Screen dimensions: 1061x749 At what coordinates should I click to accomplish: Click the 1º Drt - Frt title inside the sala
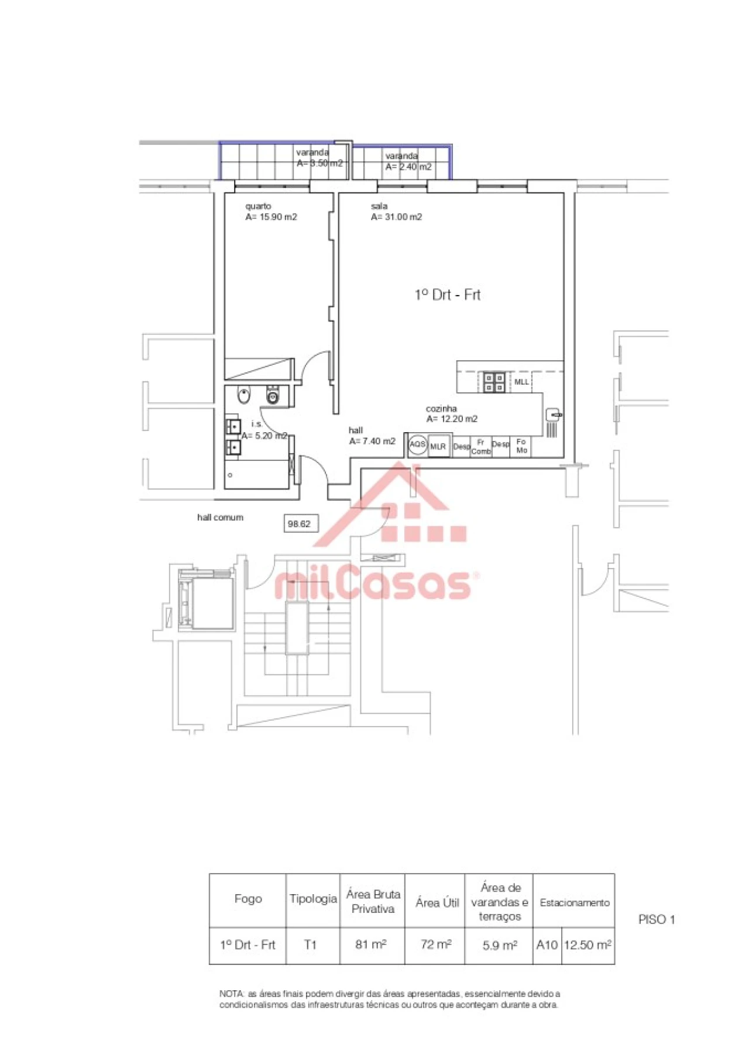pos(448,295)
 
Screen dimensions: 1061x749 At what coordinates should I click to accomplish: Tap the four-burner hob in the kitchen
pos(494,382)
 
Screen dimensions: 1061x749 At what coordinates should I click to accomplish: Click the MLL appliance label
pos(521,382)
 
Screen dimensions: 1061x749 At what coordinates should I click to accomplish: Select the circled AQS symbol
pos(417,444)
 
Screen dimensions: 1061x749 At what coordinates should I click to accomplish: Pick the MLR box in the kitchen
pos(438,446)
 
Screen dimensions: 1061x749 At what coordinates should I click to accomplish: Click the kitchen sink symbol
pos(554,415)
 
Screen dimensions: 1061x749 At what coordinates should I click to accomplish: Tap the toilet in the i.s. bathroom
pos(273,396)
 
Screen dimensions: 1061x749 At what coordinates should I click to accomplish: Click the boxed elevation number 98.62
pos(300,523)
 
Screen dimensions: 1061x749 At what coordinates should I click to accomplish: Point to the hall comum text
pos(220,518)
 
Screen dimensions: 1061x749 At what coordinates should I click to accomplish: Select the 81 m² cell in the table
pos(371,944)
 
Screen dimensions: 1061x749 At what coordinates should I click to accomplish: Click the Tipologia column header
pos(313,899)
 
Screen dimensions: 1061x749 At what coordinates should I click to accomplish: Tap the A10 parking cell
pos(547,944)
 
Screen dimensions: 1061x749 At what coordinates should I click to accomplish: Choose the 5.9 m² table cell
pos(499,945)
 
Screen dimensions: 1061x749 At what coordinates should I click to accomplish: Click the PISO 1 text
pos(656,919)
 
